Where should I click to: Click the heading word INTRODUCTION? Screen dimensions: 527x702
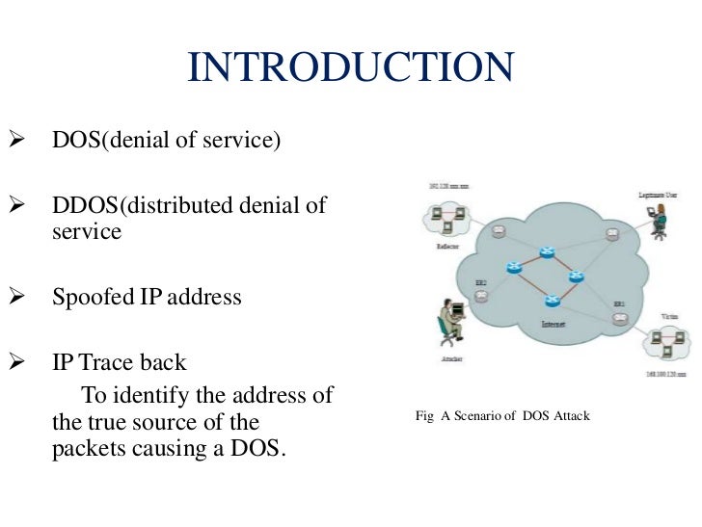point(350,67)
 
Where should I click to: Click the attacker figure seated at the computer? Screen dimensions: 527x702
point(445,324)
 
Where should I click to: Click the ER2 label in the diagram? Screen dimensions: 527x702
point(480,282)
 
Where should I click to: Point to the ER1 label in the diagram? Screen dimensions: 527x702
point(619,305)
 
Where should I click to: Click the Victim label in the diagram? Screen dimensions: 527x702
point(669,315)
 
